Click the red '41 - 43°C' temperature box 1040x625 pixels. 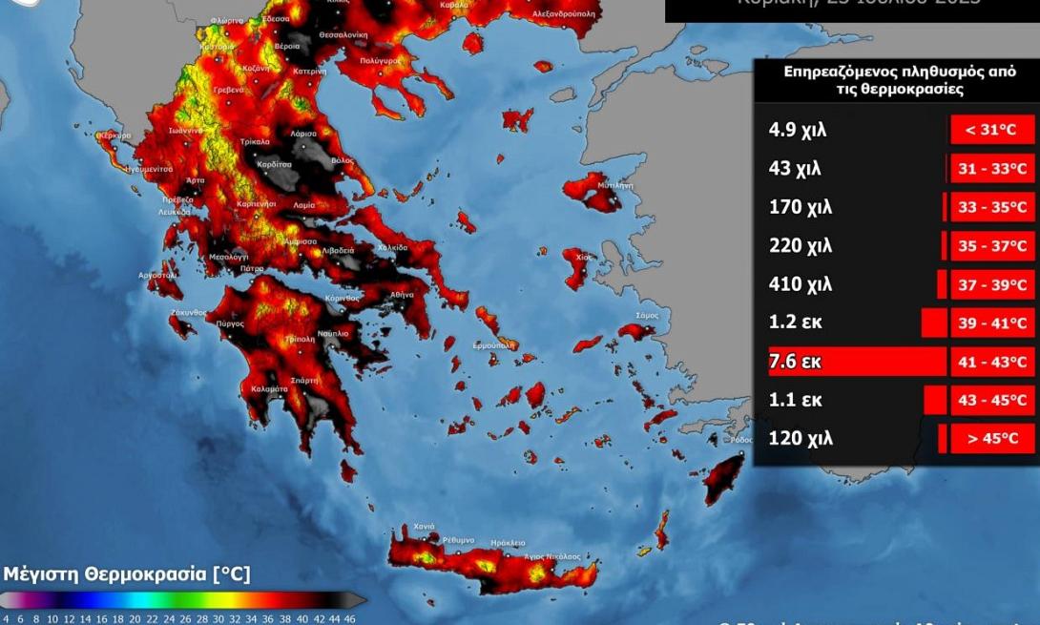tap(992, 362)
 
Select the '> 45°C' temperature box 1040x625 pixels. tap(992, 439)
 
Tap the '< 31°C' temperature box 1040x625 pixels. tap(992, 130)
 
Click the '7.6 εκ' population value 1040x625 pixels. tap(795, 362)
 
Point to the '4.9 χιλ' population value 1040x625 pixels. tap(797, 130)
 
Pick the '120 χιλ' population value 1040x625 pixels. tap(801, 439)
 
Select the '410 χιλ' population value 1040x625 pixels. tap(801, 284)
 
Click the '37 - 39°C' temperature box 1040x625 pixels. tap(992, 284)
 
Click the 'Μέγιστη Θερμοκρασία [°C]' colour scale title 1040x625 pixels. tap(127, 573)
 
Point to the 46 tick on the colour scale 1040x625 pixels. tap(350, 618)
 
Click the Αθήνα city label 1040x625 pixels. tap(402, 295)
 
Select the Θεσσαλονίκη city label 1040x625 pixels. tap(343, 33)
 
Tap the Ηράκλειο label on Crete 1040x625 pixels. tap(508, 542)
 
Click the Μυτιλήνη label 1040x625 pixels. tap(615, 184)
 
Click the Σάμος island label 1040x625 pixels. tap(647, 315)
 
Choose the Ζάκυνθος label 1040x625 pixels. tap(188, 312)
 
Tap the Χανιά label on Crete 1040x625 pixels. tap(424, 527)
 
